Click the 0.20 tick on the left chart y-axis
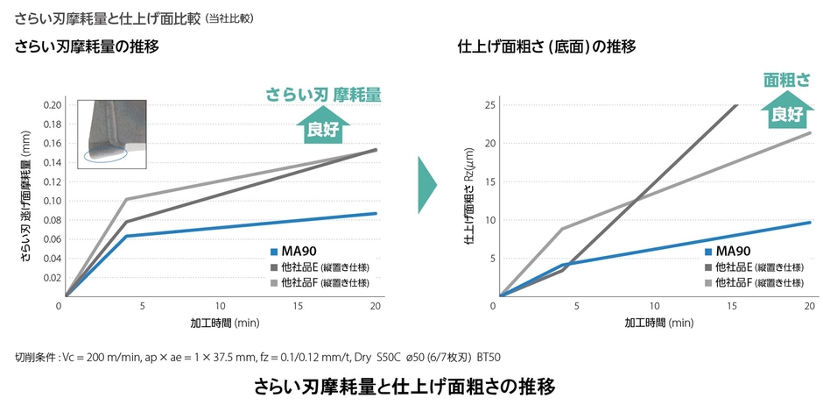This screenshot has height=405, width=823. (52, 104)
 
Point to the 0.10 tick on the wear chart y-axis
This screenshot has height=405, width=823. (52, 200)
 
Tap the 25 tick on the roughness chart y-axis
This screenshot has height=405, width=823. (491, 104)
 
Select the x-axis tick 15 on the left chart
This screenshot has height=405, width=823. (299, 306)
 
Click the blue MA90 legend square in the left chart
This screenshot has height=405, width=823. (273, 252)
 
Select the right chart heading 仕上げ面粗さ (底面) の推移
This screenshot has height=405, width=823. (546, 46)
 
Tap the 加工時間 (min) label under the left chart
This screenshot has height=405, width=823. (224, 323)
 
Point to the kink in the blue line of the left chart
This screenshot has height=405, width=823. (127, 236)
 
